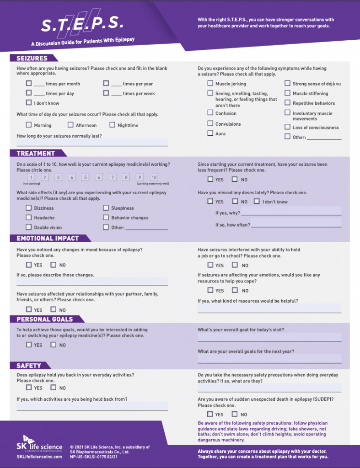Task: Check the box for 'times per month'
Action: pos(29,83)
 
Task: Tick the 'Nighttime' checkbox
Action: pos(113,125)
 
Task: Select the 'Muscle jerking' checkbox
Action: pos(210,84)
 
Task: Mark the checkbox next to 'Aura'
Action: pos(210,133)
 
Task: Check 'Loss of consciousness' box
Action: pos(287,127)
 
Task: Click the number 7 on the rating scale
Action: pos(113,177)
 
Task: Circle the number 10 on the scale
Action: pos(154,177)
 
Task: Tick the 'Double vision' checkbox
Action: pos(29,227)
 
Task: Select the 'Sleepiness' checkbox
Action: pos(106,208)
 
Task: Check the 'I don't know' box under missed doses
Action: pos(257,201)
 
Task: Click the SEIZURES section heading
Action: pos(32,58)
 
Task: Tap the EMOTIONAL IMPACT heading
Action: pos(48,238)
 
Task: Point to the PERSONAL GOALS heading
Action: pos(45,319)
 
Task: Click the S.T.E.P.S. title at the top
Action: pos(82,24)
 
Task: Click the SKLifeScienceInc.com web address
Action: pos(39,457)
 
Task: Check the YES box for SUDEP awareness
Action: pos(210,414)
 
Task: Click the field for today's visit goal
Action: pos(269,337)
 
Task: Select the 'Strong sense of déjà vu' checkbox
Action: pos(287,84)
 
